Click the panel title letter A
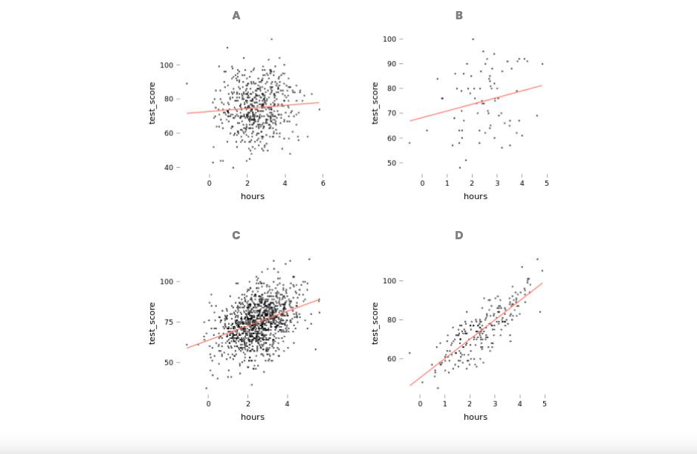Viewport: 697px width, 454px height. click(x=236, y=16)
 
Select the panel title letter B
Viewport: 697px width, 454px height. click(x=458, y=16)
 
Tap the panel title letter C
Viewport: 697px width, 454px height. click(x=236, y=236)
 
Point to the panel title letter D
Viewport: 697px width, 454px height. click(x=458, y=236)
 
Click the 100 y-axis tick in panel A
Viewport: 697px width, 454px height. click(x=166, y=65)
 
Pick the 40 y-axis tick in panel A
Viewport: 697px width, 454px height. click(x=168, y=168)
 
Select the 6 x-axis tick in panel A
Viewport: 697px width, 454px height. click(x=323, y=183)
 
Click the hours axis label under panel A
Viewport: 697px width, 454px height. click(x=253, y=196)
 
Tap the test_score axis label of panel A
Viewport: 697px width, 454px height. click(x=152, y=103)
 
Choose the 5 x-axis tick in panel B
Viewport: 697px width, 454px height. click(x=547, y=183)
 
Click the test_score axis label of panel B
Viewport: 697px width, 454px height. click(x=375, y=103)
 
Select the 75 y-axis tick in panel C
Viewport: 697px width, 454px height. click(x=168, y=322)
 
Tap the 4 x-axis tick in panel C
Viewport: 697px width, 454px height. click(x=288, y=403)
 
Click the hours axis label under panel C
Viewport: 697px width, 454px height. click(x=253, y=417)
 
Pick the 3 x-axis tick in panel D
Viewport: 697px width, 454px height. click(x=495, y=403)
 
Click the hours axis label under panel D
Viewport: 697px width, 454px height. click(x=476, y=417)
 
